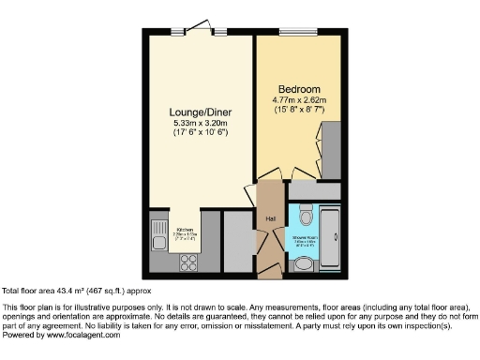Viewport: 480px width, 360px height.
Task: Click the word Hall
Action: tap(270, 218)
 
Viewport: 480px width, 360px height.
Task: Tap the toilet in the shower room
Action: tap(304, 217)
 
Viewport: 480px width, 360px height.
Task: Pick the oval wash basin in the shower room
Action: tap(304, 264)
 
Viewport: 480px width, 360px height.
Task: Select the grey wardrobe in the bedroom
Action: tap(331, 147)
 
